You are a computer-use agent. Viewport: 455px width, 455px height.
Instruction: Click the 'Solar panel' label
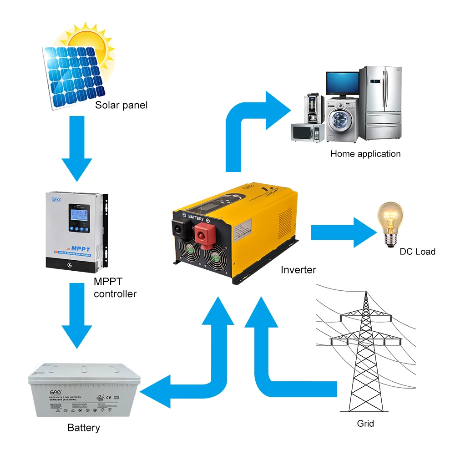coord(121,106)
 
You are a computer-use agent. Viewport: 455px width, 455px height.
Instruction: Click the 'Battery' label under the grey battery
coord(83,428)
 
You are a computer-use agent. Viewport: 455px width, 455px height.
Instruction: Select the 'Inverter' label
coord(298,270)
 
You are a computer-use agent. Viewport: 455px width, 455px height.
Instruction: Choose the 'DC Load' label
coord(417,252)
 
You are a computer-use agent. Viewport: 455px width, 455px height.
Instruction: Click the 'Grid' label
coord(365,424)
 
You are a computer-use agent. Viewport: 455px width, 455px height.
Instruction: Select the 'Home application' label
coord(365,154)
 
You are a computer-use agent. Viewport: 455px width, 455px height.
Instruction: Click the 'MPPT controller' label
coord(115,288)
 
